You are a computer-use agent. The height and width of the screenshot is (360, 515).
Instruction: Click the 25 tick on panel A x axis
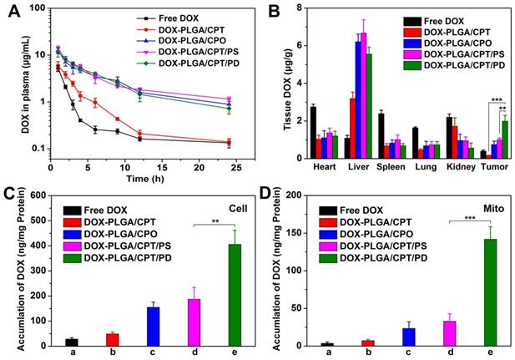(237, 165)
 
